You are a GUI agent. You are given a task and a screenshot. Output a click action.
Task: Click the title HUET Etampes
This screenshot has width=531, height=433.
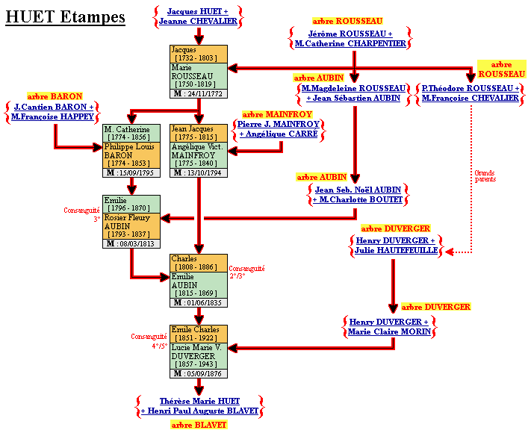pos(66,17)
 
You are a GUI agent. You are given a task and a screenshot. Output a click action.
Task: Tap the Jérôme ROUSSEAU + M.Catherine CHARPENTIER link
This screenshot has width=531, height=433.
pos(350,39)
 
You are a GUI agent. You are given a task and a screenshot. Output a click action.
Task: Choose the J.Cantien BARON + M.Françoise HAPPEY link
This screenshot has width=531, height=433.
pos(54,112)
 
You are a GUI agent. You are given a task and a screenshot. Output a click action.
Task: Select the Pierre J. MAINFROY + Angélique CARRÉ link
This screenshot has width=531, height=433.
pos(278,129)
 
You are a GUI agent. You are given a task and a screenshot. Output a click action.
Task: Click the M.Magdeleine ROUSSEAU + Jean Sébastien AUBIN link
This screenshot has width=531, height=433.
pos(353,93)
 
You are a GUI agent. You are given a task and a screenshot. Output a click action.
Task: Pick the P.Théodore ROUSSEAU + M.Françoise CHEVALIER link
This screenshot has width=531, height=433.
pos(471,93)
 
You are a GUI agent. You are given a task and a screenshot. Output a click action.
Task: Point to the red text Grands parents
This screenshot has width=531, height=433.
pos(485,176)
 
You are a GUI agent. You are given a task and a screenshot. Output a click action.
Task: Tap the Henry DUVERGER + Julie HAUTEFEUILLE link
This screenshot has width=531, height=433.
pos(396,246)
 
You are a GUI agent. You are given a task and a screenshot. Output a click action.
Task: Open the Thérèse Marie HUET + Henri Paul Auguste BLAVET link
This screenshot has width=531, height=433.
pos(199,406)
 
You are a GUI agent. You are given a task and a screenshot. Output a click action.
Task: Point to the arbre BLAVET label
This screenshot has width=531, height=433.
pos(199,425)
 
